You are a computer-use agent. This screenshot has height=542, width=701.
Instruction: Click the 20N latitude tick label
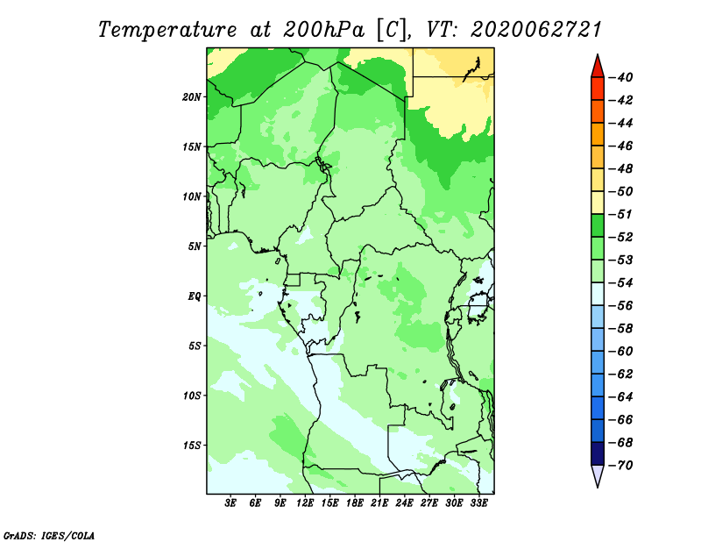coord(191,96)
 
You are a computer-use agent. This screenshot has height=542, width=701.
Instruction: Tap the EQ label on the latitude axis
coord(195,296)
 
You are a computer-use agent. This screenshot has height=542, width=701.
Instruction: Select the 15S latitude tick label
coord(192,446)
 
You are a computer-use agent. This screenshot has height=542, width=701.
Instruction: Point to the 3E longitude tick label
coord(230,503)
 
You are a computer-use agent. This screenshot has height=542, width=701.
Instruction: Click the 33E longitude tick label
coord(478,503)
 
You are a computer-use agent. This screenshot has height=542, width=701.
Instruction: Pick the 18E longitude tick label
coord(355,503)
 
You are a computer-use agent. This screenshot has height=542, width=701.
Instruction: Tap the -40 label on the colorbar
coord(620,77)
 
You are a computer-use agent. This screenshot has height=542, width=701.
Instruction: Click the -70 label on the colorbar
coord(620,466)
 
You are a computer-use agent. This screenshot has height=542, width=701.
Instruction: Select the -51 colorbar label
coord(620,214)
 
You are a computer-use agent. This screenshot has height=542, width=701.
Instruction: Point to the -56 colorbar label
coord(620,306)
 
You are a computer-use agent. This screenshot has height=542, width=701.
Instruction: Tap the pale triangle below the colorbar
coord(598,475)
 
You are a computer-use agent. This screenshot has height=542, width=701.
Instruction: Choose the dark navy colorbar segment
coord(598,453)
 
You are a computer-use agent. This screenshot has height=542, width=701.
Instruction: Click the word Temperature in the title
coord(167,31)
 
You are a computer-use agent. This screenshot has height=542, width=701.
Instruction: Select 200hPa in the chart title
coord(323,30)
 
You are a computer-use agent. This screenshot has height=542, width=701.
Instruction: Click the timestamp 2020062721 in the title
coord(535,30)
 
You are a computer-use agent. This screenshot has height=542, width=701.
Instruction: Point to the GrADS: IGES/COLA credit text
coord(49,536)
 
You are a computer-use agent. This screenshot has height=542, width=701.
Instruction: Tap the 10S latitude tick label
coord(192,396)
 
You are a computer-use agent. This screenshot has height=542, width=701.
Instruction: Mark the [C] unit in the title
coord(392,31)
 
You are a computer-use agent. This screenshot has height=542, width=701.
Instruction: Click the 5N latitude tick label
coord(194,246)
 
